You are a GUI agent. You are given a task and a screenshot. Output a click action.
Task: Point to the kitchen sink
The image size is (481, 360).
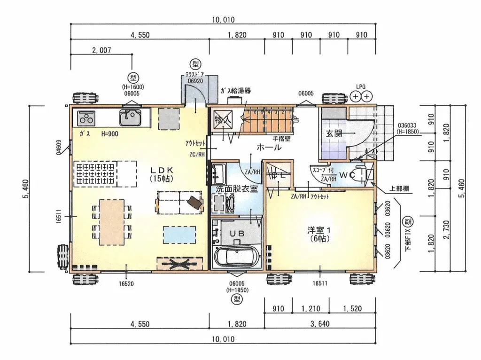tap(130, 117)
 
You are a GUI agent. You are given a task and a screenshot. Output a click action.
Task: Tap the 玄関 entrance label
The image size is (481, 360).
tap(334, 133)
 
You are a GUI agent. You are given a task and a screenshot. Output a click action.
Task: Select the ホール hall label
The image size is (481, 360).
tap(269, 148)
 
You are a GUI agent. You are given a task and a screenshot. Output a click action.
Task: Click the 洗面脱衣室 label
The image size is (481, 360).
tap(236, 189)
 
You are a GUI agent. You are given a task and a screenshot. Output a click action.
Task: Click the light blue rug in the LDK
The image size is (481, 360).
tap(179, 234)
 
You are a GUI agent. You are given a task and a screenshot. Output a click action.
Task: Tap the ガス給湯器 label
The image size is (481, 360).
tap(235, 91)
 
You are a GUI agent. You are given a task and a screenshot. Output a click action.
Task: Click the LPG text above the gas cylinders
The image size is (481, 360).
tap(361, 87)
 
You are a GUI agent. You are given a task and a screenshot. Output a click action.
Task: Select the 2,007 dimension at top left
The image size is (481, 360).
tap(101, 50)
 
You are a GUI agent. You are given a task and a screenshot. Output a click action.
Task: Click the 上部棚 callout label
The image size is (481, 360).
tap(399, 188)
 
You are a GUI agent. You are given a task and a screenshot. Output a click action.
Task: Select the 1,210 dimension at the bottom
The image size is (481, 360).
tap(306, 309)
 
